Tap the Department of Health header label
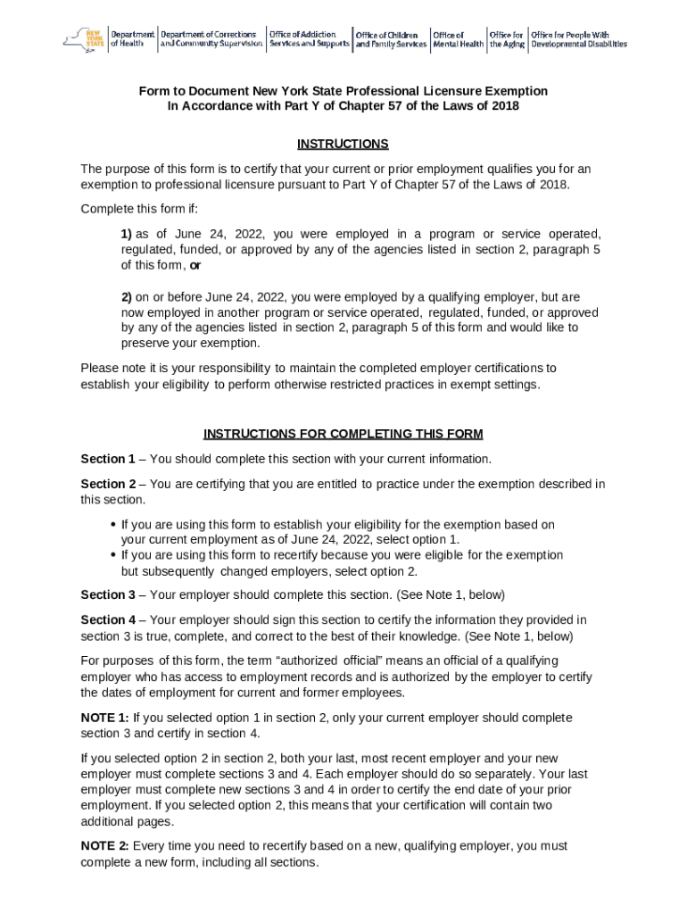coord(132,39)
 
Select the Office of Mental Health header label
coord(458,39)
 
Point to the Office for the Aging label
coord(506,39)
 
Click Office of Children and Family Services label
coord(391,39)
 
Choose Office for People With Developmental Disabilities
coord(578,39)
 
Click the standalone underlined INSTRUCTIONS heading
coord(343,145)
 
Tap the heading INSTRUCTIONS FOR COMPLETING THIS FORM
coord(343,434)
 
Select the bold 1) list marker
coord(127,234)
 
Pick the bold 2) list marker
coord(127,296)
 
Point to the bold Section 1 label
coord(108,459)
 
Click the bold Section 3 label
coord(108,594)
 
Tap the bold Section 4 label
coord(108,619)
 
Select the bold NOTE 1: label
coord(104,718)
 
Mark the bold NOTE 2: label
coord(104,846)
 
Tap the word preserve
coord(145,343)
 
